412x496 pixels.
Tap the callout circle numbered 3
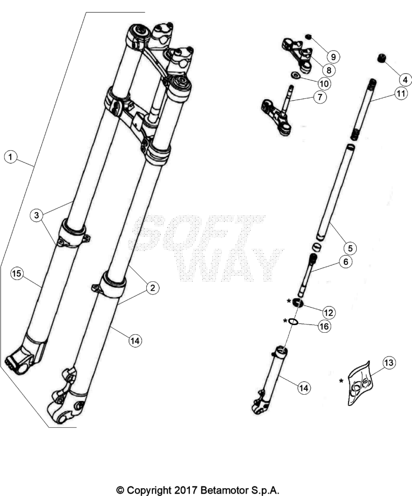[37, 216]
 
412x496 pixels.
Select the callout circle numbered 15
[17, 273]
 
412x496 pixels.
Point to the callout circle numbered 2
[153, 288]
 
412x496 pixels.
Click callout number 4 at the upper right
[405, 79]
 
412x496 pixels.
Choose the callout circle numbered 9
[333, 57]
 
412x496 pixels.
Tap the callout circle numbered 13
[389, 362]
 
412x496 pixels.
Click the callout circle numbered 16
[324, 326]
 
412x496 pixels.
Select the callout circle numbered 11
[401, 93]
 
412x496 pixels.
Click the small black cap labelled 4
[382, 59]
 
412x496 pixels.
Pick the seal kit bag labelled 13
[361, 383]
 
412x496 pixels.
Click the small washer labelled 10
[295, 76]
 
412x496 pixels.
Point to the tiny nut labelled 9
[309, 37]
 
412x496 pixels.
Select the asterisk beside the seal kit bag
[341, 381]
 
